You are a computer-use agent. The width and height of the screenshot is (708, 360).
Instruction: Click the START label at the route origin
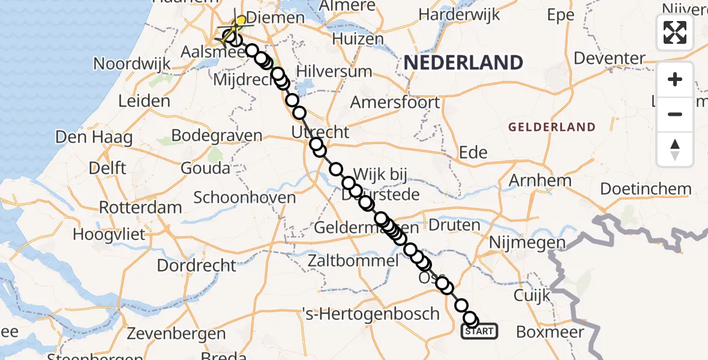point(479,331)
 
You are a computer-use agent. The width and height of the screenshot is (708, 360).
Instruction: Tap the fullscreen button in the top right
point(675,32)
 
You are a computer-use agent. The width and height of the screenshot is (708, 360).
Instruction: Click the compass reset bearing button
point(675,149)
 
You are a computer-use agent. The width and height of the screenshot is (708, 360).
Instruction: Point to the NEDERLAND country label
point(463,62)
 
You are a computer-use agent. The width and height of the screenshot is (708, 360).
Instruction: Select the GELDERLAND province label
point(552,127)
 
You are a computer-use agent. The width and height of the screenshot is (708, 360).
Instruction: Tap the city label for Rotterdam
point(140,208)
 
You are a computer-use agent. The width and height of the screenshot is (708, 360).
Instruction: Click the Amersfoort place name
point(395,102)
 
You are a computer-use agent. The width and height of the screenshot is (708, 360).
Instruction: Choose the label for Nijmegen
point(527,243)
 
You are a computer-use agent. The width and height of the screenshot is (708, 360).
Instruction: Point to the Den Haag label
point(94,137)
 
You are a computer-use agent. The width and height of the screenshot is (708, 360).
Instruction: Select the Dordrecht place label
point(197,265)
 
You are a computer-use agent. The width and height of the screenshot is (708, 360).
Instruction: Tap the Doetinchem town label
point(646,189)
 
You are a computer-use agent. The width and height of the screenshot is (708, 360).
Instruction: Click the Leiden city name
point(144,101)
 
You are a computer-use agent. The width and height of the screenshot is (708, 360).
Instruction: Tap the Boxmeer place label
point(550,331)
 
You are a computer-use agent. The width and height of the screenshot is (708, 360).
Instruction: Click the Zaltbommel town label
point(352,261)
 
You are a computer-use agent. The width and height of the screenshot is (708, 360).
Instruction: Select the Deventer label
point(609,58)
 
